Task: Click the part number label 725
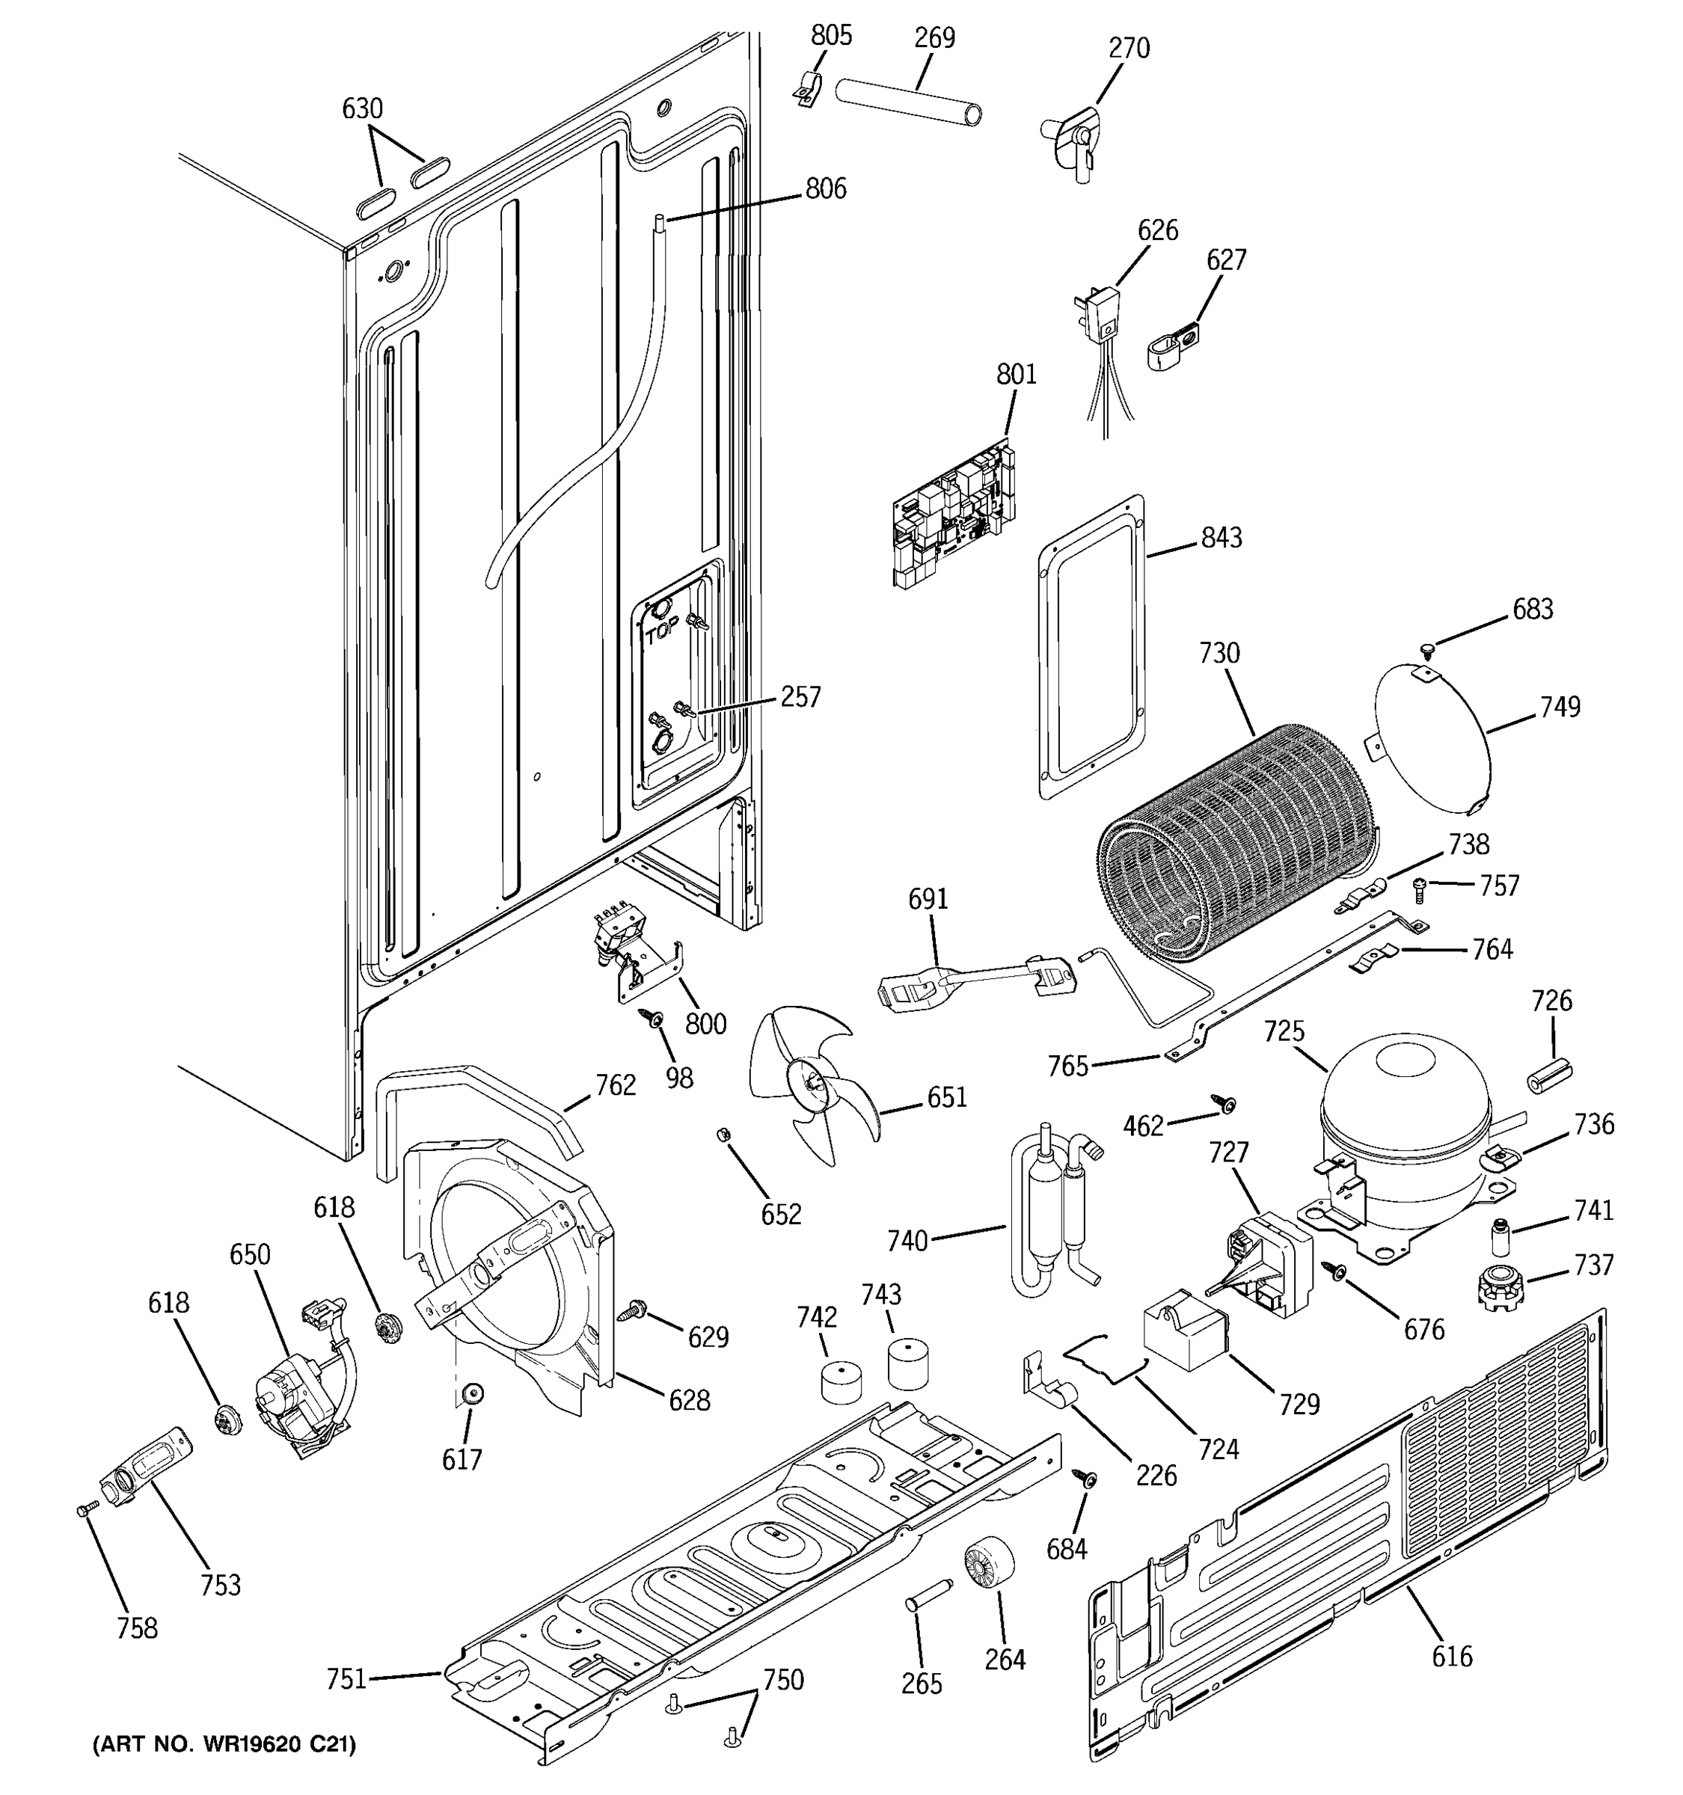click(1284, 1031)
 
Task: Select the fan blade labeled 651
click(808, 1084)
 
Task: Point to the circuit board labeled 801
click(952, 515)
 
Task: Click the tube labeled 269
click(907, 101)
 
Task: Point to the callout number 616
click(1451, 1656)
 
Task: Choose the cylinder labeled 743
click(907, 1363)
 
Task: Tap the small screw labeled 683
click(1427, 649)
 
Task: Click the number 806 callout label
click(825, 188)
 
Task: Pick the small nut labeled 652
click(723, 1134)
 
